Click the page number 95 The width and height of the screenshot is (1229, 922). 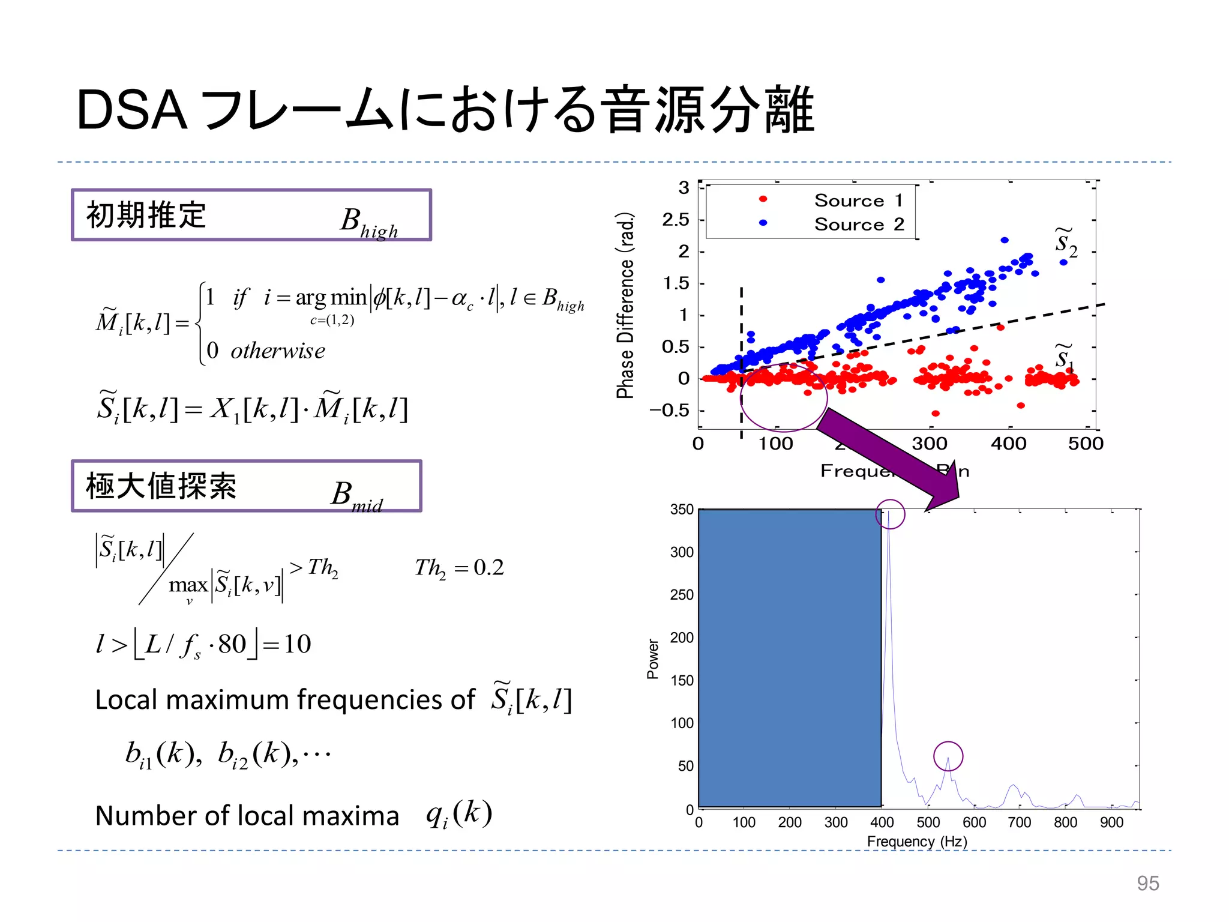1147,883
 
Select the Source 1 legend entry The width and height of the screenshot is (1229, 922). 858,200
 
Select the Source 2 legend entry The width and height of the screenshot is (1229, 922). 858,224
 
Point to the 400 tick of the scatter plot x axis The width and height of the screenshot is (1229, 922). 1008,444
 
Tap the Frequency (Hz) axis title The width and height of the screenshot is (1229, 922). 916,842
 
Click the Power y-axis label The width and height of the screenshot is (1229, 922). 653,658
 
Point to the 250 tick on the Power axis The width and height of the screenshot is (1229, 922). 681,595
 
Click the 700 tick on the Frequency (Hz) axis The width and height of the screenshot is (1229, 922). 1020,822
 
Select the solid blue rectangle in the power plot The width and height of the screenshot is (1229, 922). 789,658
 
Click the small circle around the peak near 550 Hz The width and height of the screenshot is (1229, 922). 948,756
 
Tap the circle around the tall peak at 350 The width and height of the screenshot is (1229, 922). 890,514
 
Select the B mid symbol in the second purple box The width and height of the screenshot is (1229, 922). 356,496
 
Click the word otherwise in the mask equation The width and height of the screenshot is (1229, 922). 278,351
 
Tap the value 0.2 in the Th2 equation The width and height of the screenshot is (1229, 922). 488,567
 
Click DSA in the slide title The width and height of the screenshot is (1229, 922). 132,110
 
